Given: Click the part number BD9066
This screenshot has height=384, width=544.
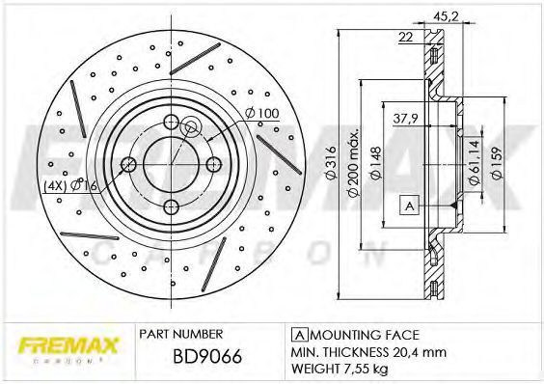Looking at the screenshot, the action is click(207, 356).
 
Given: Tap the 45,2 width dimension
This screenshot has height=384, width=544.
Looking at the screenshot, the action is click(447, 16).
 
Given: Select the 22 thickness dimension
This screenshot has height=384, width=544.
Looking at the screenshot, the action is click(405, 37).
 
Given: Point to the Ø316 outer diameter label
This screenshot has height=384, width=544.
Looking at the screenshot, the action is click(332, 162).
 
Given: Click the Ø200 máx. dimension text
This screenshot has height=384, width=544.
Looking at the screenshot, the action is click(354, 164).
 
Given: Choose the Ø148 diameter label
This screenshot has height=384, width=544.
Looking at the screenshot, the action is click(376, 163).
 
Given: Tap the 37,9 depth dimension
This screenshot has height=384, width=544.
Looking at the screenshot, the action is click(405, 119).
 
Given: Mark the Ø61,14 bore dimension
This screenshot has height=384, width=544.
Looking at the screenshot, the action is click(475, 162).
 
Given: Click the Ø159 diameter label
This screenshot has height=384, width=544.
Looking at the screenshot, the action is click(497, 163).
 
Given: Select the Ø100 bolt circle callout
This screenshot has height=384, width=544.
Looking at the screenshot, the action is click(261, 113).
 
